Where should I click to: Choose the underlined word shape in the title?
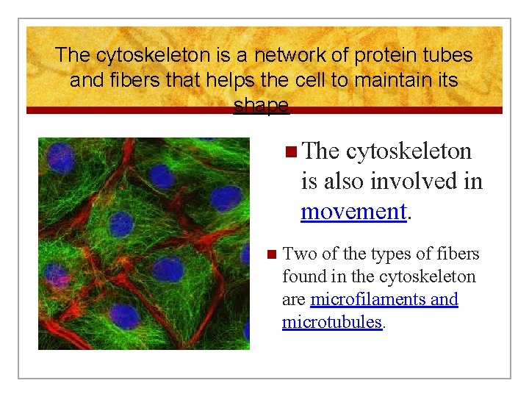click(261, 105)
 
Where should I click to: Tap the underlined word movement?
click(353, 212)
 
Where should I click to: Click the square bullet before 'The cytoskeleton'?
click(291, 151)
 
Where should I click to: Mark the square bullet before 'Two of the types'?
click(271, 255)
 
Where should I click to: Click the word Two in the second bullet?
click(297, 254)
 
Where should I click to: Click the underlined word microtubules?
click(332, 322)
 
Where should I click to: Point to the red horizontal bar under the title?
click(264, 110)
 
